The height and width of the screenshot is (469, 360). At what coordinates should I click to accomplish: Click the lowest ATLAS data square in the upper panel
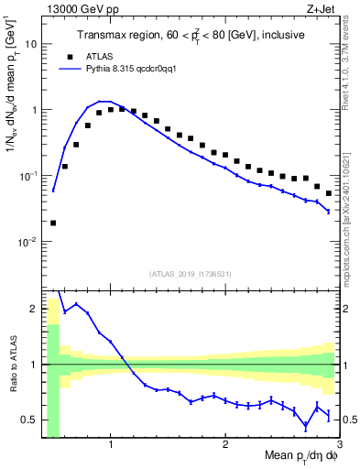click(x=53, y=223)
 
